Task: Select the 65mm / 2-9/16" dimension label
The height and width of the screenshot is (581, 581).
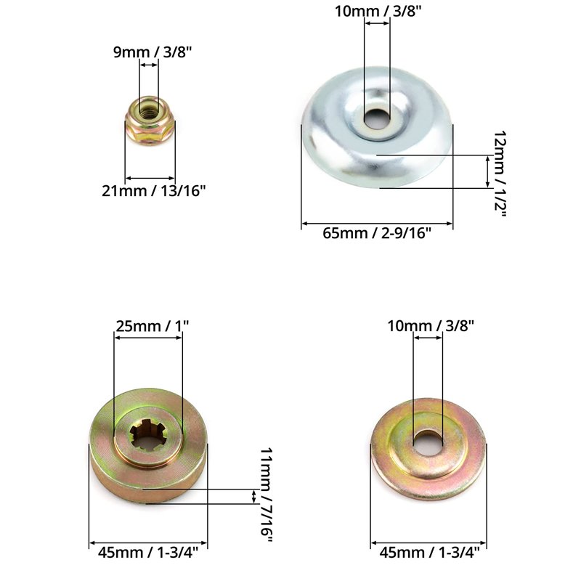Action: pyautogui.click(x=377, y=233)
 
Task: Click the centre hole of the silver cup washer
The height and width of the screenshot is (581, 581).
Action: pyautogui.click(x=377, y=118)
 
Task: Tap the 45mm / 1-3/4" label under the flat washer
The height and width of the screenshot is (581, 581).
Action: pyautogui.click(x=428, y=553)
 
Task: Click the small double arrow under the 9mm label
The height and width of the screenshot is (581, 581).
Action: pyautogui.click(x=149, y=65)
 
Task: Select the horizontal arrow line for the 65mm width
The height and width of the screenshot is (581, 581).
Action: pyautogui.click(x=377, y=223)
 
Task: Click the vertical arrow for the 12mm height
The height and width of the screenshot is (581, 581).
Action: pyautogui.click(x=487, y=171)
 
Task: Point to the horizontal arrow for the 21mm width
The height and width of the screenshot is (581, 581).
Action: pyautogui.click(x=150, y=177)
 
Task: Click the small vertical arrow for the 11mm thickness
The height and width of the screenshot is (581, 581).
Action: pyautogui.click(x=253, y=496)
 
